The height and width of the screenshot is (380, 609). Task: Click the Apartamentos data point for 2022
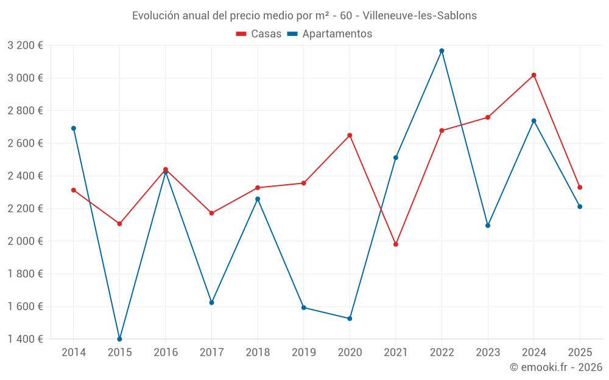click(x=442, y=50)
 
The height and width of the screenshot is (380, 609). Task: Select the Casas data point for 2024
click(x=533, y=75)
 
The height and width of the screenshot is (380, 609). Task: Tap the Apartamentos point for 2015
click(x=119, y=339)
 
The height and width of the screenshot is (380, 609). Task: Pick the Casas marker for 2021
click(x=396, y=244)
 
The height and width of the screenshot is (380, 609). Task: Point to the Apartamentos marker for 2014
click(x=74, y=128)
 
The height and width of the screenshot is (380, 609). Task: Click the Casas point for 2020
click(x=350, y=135)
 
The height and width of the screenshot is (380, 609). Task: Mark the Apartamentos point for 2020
click(x=350, y=319)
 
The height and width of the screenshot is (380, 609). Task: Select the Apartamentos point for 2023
click(x=488, y=226)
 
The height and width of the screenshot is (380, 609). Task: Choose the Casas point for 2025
click(x=580, y=187)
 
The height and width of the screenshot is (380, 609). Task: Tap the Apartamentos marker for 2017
click(x=211, y=302)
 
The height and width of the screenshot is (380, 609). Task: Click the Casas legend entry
click(x=259, y=34)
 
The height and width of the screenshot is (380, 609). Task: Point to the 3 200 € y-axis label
click(x=25, y=45)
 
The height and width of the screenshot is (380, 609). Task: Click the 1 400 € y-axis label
click(x=25, y=339)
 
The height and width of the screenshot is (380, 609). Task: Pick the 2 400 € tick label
click(x=25, y=176)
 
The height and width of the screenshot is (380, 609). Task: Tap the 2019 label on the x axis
click(x=303, y=352)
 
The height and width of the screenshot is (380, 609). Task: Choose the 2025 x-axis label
click(x=580, y=352)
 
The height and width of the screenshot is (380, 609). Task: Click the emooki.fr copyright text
click(x=555, y=367)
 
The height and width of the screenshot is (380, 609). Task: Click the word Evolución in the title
click(x=155, y=15)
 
